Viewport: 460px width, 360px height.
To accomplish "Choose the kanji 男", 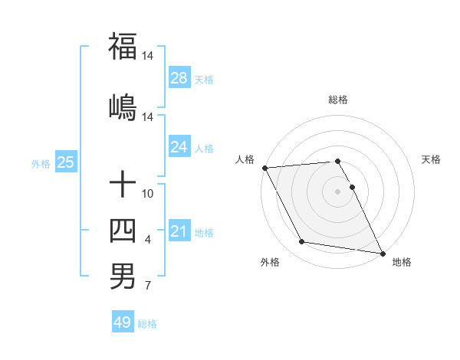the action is [x=123, y=276].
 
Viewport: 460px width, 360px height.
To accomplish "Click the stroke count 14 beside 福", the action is [x=148, y=56].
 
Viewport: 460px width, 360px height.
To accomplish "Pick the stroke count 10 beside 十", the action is [x=148, y=193].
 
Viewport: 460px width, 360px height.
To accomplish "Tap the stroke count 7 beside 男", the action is [x=147, y=287].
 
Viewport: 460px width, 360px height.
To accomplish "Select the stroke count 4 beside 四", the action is [x=147, y=241].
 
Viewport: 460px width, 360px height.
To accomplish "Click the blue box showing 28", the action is [x=179, y=77].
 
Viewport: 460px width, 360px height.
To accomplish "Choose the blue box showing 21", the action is [x=179, y=231].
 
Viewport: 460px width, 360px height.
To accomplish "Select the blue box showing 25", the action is [x=65, y=162].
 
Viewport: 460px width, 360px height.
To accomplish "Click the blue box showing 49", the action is [x=122, y=322].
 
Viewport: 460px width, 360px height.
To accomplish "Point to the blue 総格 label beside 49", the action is [x=147, y=324].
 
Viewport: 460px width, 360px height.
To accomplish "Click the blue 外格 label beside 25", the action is [x=41, y=163].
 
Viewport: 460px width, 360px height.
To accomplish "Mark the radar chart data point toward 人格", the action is [x=264, y=168].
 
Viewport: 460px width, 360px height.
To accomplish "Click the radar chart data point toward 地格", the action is [x=382, y=253].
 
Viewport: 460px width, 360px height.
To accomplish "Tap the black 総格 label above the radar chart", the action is [x=338, y=100].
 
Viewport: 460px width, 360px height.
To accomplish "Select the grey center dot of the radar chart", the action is [x=338, y=191].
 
